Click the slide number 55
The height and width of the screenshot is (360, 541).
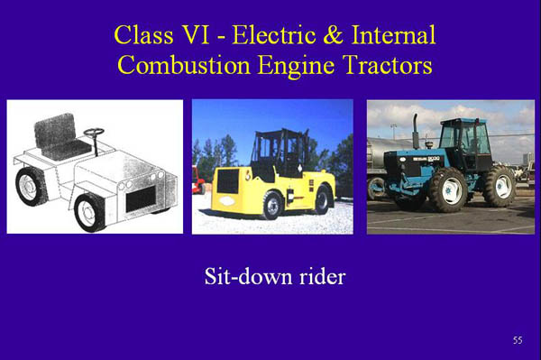click(517, 340)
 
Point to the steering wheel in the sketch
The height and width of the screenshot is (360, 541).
click(93, 134)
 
